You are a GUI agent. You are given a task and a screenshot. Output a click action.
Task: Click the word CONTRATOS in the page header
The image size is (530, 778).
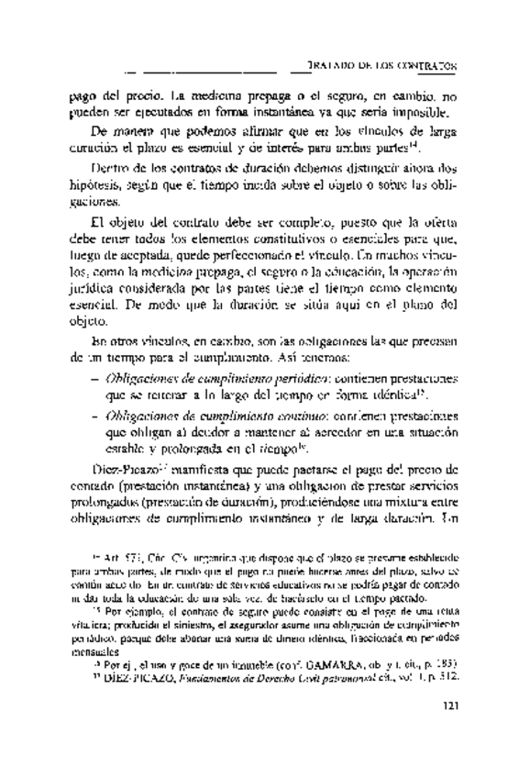pos(428,67)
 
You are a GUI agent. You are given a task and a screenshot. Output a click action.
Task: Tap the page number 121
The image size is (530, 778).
pos(449,730)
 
